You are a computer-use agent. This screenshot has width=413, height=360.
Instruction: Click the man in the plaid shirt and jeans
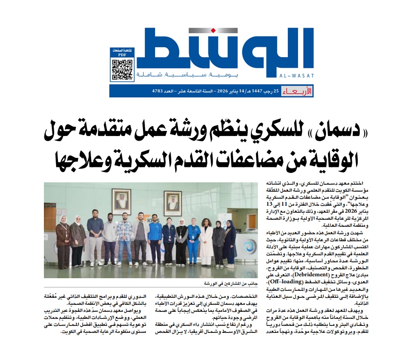124,238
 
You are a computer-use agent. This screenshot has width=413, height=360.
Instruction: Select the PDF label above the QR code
122,55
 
